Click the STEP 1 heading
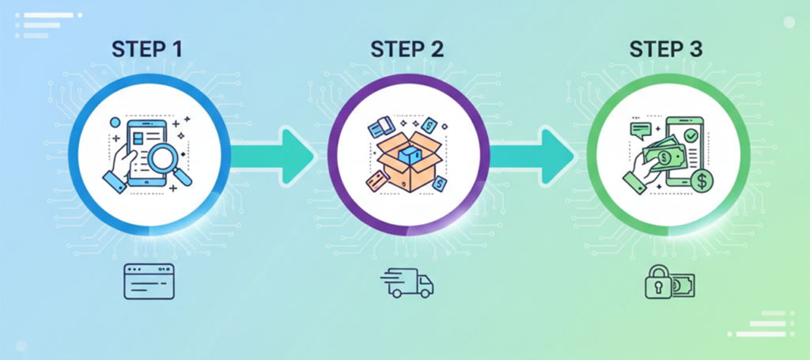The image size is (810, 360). tap(148, 48)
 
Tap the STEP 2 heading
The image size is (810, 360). tap(407, 48)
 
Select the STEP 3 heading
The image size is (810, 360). tap(666, 48)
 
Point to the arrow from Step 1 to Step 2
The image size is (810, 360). tap(273, 150)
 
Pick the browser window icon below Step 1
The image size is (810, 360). tap(149, 282)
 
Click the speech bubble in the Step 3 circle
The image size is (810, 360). tap(639, 129)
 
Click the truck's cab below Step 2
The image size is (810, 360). tap(423, 283)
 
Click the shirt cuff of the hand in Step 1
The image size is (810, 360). tap(115, 184)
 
